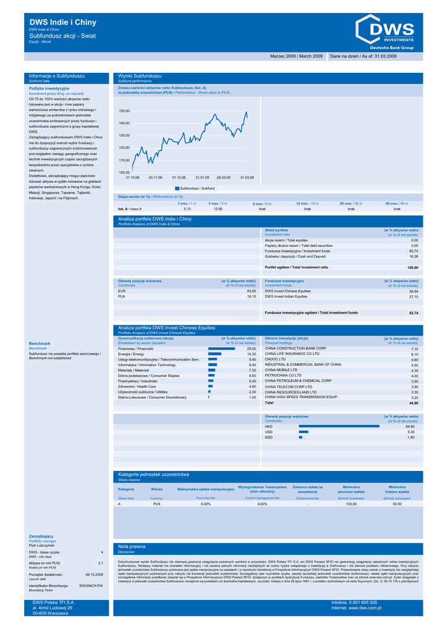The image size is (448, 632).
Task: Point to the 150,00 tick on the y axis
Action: [124, 111]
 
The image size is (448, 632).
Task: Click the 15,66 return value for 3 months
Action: [218, 209]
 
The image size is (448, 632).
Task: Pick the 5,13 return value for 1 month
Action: [187, 209]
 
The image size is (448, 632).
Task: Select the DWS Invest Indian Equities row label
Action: [286, 296]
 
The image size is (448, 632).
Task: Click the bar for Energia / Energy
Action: [213, 354]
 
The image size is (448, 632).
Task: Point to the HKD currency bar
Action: [339, 426]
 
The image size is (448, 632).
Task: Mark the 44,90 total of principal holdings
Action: [413, 402]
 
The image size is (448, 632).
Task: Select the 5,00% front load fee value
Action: [206, 504]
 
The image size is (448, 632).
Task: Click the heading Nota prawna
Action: [132, 546]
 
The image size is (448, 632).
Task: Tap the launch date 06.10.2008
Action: [94, 574]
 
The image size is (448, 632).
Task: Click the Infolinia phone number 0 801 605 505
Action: [363, 602]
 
